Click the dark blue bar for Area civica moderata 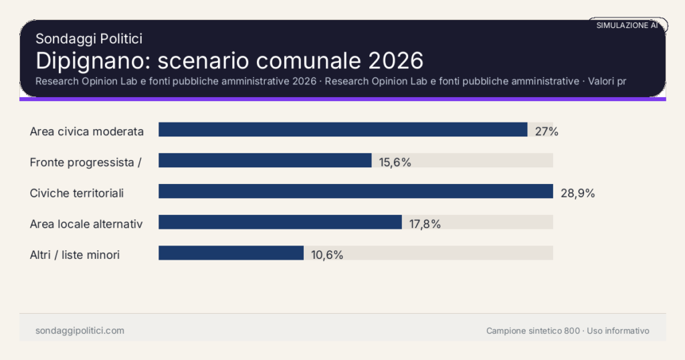(x=342, y=129)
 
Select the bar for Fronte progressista (x=265, y=160)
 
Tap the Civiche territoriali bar (x=355, y=191)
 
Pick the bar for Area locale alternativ (x=280, y=222)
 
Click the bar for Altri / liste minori (x=231, y=253)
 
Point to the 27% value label (x=547, y=131)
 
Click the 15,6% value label (x=395, y=162)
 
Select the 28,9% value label (x=577, y=193)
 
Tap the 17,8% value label (x=425, y=224)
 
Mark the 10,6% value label (x=327, y=255)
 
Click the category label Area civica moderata (x=87, y=131)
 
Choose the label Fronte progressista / (x=85, y=162)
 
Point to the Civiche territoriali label (x=77, y=193)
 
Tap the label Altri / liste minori (x=75, y=255)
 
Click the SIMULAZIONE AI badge (x=627, y=25)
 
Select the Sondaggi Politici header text (x=88, y=39)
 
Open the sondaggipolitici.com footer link (x=80, y=331)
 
